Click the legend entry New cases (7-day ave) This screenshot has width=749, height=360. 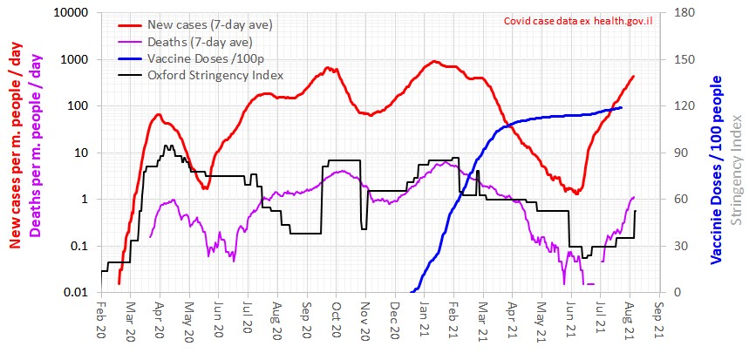click(x=221, y=25)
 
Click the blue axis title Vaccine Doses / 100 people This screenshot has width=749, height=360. click(x=716, y=170)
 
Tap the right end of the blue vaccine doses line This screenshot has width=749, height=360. click(x=621, y=107)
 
